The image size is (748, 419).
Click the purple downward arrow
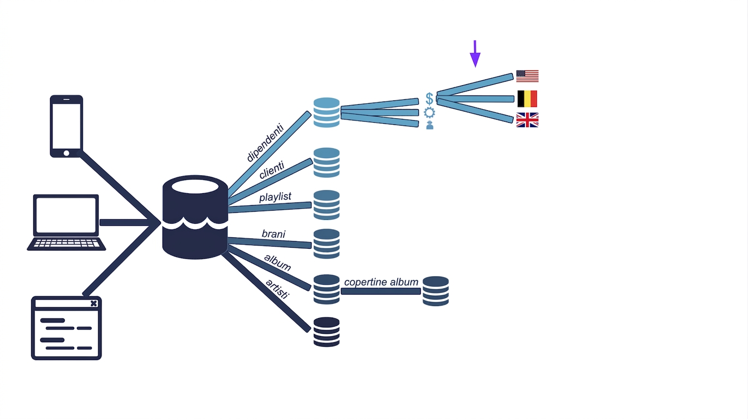475,54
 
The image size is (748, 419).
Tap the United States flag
527,76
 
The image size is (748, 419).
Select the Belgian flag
527,99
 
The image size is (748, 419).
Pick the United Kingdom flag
527,120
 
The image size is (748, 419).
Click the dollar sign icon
429,99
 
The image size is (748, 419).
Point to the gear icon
429,112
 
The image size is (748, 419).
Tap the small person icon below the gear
430,125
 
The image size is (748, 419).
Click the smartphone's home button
67,153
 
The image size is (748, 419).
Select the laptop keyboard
67,243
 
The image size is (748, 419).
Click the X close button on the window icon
94,303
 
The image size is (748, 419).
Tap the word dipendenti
265,143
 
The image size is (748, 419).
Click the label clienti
272,170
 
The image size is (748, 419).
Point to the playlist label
275,197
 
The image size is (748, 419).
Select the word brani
273,234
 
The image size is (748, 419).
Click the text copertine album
381,283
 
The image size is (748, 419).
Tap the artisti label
277,289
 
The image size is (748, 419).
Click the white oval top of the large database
195,186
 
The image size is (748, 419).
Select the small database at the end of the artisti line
327,332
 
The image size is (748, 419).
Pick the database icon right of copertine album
436,291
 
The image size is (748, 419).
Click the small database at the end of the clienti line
327,163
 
